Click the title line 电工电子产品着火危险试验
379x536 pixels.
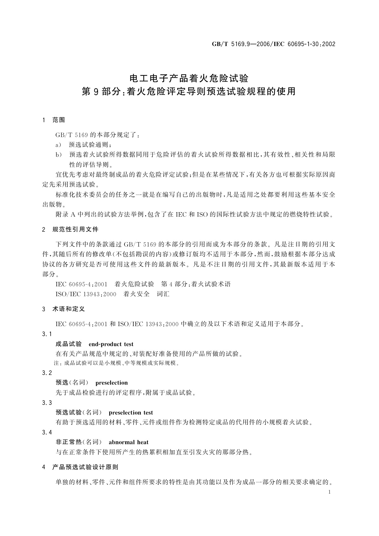pos(189,78)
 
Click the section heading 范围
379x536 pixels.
pos(59,120)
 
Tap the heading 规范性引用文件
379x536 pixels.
pos(75,229)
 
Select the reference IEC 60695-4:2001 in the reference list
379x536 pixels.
pos(81,284)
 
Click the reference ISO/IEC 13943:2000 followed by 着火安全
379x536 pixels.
pos(86,294)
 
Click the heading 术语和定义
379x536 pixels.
pos(68,309)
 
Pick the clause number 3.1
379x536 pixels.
pos(47,334)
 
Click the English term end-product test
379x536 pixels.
pos(111,344)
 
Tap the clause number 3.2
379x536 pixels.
pos(47,373)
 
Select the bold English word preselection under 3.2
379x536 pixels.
pos(111,383)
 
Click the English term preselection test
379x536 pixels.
pos(131,413)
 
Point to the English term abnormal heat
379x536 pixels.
pos(129,442)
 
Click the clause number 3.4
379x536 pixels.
pos(47,432)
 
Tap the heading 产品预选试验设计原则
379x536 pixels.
pos(85,467)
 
